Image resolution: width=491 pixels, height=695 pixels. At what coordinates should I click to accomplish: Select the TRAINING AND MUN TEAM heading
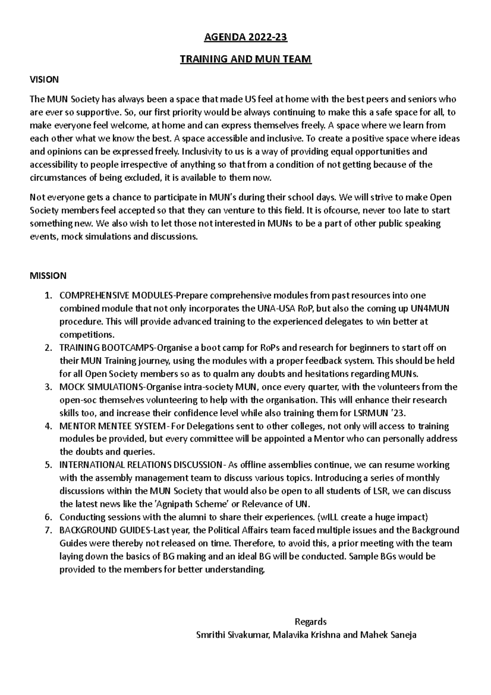pos(245,59)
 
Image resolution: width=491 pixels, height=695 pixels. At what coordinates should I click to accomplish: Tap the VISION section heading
pos(44,79)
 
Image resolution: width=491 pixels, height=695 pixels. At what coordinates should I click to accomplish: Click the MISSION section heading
pos(48,276)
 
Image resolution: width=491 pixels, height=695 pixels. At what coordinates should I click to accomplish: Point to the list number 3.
pos(48,387)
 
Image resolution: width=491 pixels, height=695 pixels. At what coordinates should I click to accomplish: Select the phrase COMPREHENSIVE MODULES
pos(117,296)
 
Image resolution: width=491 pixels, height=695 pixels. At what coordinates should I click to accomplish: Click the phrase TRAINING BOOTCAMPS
pos(107,348)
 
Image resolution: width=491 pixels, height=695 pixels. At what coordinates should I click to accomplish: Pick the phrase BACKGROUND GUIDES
pos(105,530)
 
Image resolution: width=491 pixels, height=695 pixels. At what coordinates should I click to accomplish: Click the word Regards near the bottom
pos(310,622)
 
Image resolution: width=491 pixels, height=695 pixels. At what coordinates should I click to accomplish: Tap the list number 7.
pos(48,530)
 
